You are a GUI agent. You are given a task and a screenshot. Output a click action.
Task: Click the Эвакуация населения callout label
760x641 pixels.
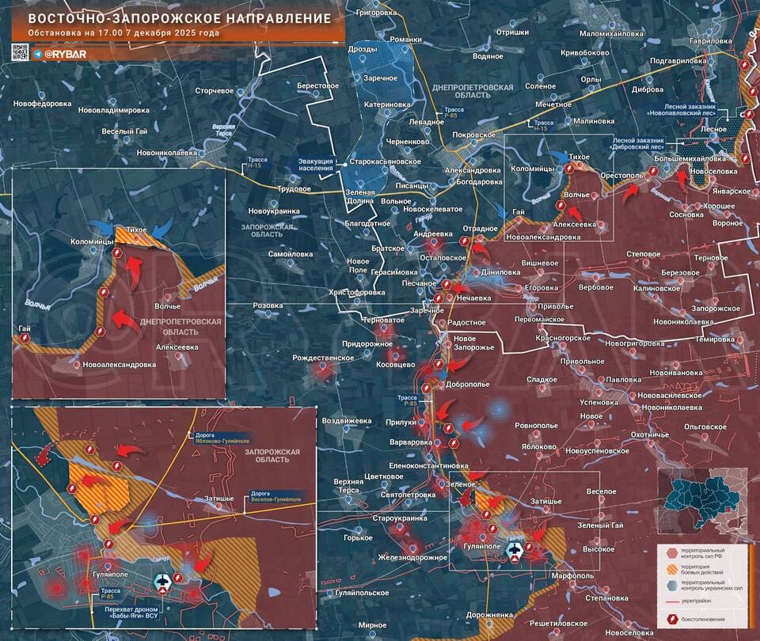315,164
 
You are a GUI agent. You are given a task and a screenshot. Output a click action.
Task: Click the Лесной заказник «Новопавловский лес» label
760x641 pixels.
690,110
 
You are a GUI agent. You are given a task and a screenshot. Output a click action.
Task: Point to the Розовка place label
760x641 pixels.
267,305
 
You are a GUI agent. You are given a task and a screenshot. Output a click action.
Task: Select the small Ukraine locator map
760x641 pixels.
701,498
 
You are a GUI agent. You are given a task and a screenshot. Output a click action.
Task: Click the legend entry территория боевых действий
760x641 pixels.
714,572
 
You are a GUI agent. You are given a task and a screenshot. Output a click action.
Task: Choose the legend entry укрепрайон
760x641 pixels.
709,601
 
